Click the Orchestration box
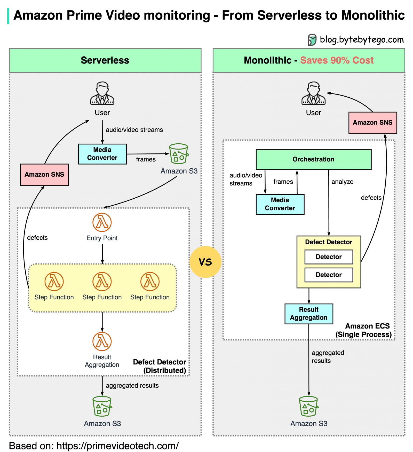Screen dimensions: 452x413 click(313, 159)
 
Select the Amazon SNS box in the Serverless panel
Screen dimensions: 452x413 click(44, 175)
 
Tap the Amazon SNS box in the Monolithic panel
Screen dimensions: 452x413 click(372, 123)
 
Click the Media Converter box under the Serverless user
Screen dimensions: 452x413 click(102, 154)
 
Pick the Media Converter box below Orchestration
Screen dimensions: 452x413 click(280, 204)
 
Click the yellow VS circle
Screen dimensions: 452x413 click(205, 262)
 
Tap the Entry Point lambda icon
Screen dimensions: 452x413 click(102, 222)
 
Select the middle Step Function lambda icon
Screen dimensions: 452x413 click(102, 281)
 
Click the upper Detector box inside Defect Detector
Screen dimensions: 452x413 click(329, 257)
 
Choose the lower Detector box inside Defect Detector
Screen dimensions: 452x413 click(329, 275)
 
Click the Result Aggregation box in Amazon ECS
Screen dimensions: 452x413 click(309, 314)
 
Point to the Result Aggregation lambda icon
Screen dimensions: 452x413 click(102, 341)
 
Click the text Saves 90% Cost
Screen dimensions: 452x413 click(337, 60)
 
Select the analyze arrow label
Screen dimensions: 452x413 click(342, 182)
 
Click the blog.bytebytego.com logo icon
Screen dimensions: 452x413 click(312, 40)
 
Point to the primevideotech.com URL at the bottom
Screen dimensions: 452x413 click(117, 446)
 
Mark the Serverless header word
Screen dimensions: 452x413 click(105, 60)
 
